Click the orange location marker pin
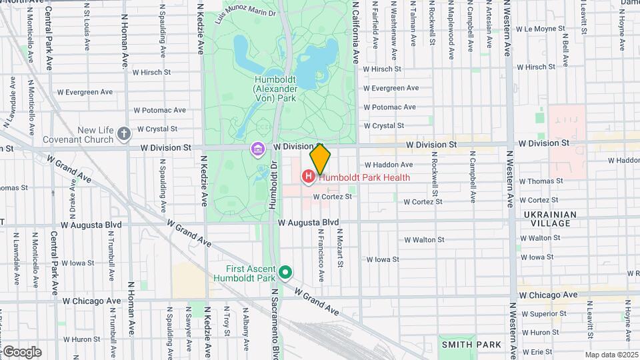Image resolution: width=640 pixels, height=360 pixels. tap(321, 159)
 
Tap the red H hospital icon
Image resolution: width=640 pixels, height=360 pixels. tap(308, 177)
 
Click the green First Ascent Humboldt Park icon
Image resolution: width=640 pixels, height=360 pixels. tap(285, 272)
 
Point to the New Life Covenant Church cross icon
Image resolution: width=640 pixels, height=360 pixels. tap(123, 134)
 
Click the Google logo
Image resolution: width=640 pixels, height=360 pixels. tap(21, 351)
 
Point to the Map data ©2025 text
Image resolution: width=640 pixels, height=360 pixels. tap(612, 355)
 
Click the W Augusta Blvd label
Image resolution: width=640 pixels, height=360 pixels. tap(309, 222)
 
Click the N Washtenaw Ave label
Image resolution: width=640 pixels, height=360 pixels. tap(393, 23)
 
